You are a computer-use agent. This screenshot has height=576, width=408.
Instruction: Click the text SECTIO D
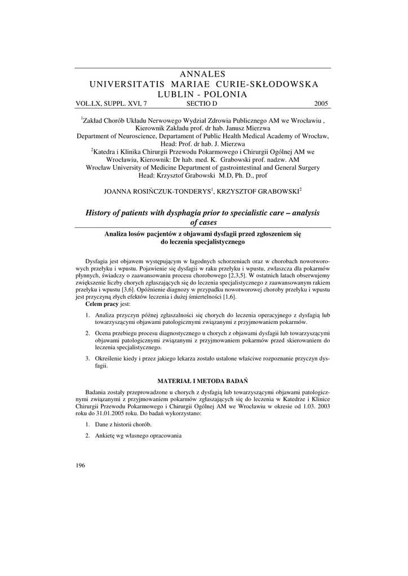tap(201, 103)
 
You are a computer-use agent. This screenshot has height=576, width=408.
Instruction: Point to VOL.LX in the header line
tap(88, 103)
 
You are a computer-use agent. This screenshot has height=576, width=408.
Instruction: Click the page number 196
tap(79, 465)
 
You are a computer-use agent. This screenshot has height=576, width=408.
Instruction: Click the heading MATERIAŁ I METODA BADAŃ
tap(203, 381)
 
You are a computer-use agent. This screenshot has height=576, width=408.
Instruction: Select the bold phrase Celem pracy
tap(102, 303)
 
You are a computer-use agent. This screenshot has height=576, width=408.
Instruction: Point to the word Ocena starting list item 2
tap(104, 334)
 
